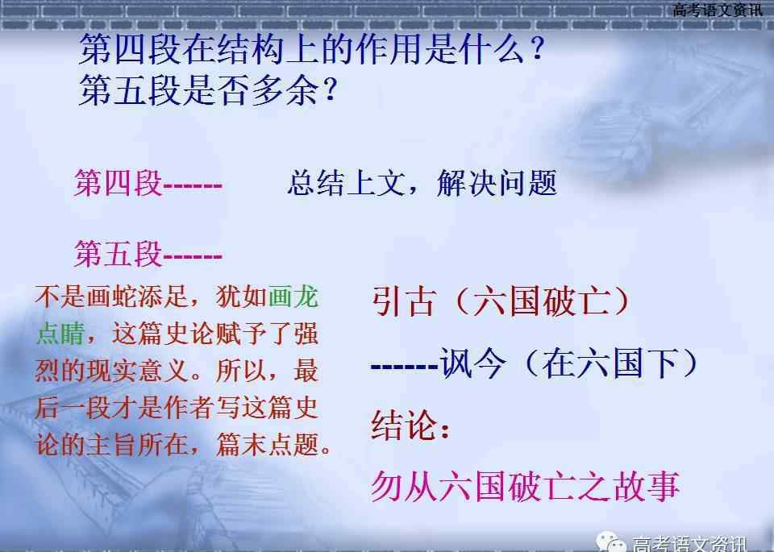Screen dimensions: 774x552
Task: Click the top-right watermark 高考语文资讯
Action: (x=718, y=10)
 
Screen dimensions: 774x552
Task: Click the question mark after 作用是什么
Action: (x=538, y=49)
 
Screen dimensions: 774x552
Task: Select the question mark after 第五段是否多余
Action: (x=330, y=89)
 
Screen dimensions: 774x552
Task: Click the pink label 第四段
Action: (x=119, y=183)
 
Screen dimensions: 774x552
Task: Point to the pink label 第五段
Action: (x=119, y=254)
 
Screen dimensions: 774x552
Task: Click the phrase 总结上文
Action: (x=346, y=183)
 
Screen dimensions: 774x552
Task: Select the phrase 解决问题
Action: (x=497, y=183)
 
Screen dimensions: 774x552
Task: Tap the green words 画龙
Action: (x=293, y=297)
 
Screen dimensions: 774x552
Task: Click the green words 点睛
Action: (x=60, y=334)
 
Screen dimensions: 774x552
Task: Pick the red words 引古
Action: (x=404, y=301)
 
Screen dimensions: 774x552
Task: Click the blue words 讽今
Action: (x=473, y=363)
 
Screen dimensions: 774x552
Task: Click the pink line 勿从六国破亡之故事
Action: (x=525, y=487)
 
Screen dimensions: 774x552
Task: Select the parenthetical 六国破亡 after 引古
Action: (x=542, y=301)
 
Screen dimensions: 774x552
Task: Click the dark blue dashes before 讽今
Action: (x=405, y=367)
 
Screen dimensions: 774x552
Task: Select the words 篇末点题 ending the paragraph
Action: (x=267, y=444)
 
